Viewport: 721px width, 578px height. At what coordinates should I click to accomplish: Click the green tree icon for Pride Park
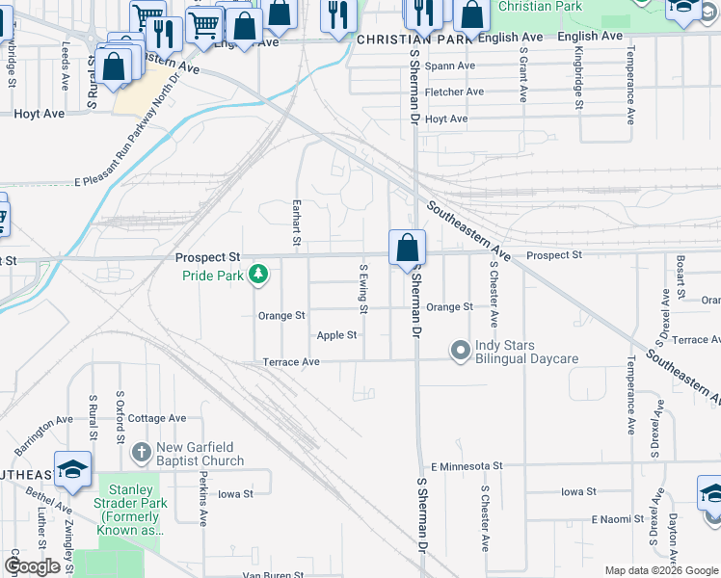click(257, 276)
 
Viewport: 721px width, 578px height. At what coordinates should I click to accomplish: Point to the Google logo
click(32, 566)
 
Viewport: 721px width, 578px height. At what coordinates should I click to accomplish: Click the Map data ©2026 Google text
click(661, 570)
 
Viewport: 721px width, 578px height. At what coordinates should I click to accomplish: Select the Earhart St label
click(297, 223)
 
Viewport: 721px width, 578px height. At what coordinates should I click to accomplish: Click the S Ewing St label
click(363, 289)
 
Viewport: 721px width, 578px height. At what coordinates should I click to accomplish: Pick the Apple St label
click(337, 335)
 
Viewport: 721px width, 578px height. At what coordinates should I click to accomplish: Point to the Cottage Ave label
click(157, 418)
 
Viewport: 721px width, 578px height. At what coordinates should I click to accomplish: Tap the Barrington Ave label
click(44, 428)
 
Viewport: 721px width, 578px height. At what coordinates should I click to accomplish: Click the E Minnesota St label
click(467, 465)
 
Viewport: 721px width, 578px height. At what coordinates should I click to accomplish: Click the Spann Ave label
click(452, 66)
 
